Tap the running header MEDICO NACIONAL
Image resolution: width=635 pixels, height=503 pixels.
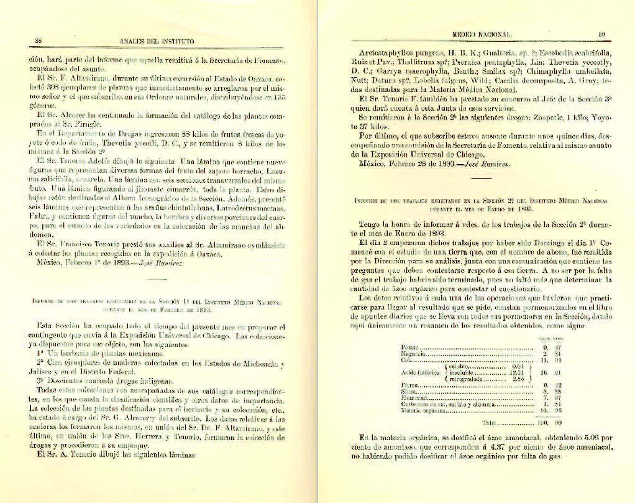tap(482, 35)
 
